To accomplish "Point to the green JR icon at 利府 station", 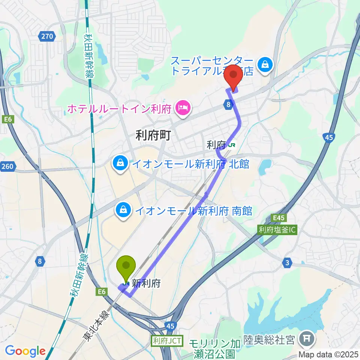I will click(232, 144).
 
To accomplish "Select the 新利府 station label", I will click(146, 283).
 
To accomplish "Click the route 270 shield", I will click(47, 36).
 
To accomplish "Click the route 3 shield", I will click(287, 264).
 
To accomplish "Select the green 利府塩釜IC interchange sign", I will click(277, 229).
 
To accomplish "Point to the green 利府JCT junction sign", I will click(167, 341).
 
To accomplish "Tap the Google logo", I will click(25, 351).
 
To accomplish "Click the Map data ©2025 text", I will click(328, 354).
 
